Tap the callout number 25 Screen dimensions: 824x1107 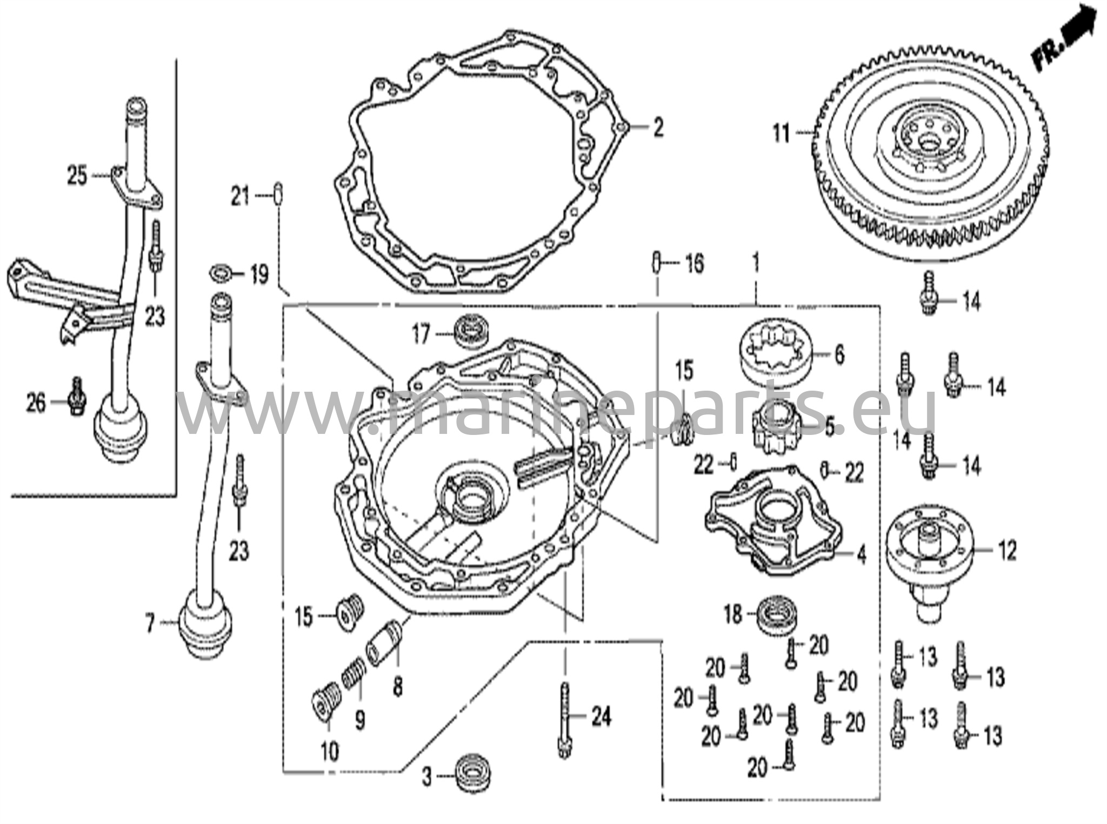77,176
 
